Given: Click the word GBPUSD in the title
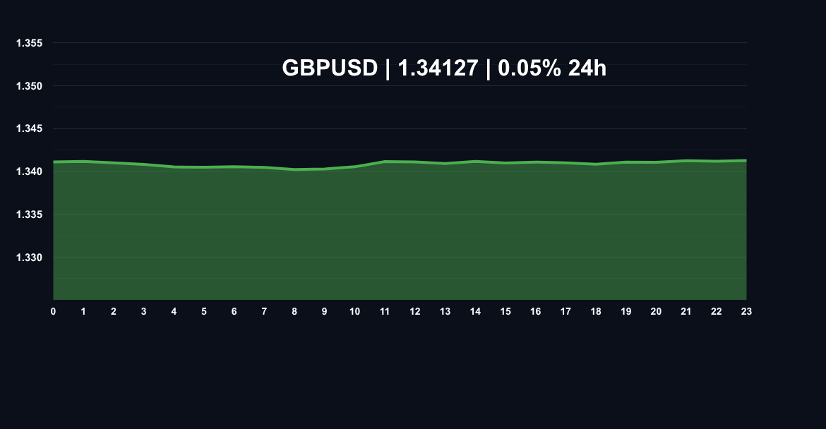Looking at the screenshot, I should point(330,68).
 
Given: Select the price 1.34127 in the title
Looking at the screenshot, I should point(438,68).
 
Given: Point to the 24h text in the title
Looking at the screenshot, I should point(587,68).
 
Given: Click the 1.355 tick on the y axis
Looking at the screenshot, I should point(30,44).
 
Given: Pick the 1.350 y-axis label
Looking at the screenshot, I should point(30,86).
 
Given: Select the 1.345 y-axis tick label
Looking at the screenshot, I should point(30,129).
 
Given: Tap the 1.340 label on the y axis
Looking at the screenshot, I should point(30,171).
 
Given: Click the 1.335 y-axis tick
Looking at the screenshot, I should point(30,214).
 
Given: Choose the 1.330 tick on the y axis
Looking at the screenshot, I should point(30,258).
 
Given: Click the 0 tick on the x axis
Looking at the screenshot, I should point(53,312).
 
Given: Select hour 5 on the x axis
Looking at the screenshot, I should point(204,312).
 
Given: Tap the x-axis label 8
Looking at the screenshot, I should point(294,312).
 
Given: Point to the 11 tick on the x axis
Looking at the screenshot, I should point(385,312).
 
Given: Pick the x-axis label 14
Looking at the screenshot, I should point(475,312).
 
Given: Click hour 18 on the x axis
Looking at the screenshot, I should point(596,312).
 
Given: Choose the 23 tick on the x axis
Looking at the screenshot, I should point(746,312).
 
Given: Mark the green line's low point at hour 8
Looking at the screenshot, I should point(294,169).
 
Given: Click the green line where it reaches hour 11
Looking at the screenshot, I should point(385,162).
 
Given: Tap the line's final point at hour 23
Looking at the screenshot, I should point(746,160).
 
